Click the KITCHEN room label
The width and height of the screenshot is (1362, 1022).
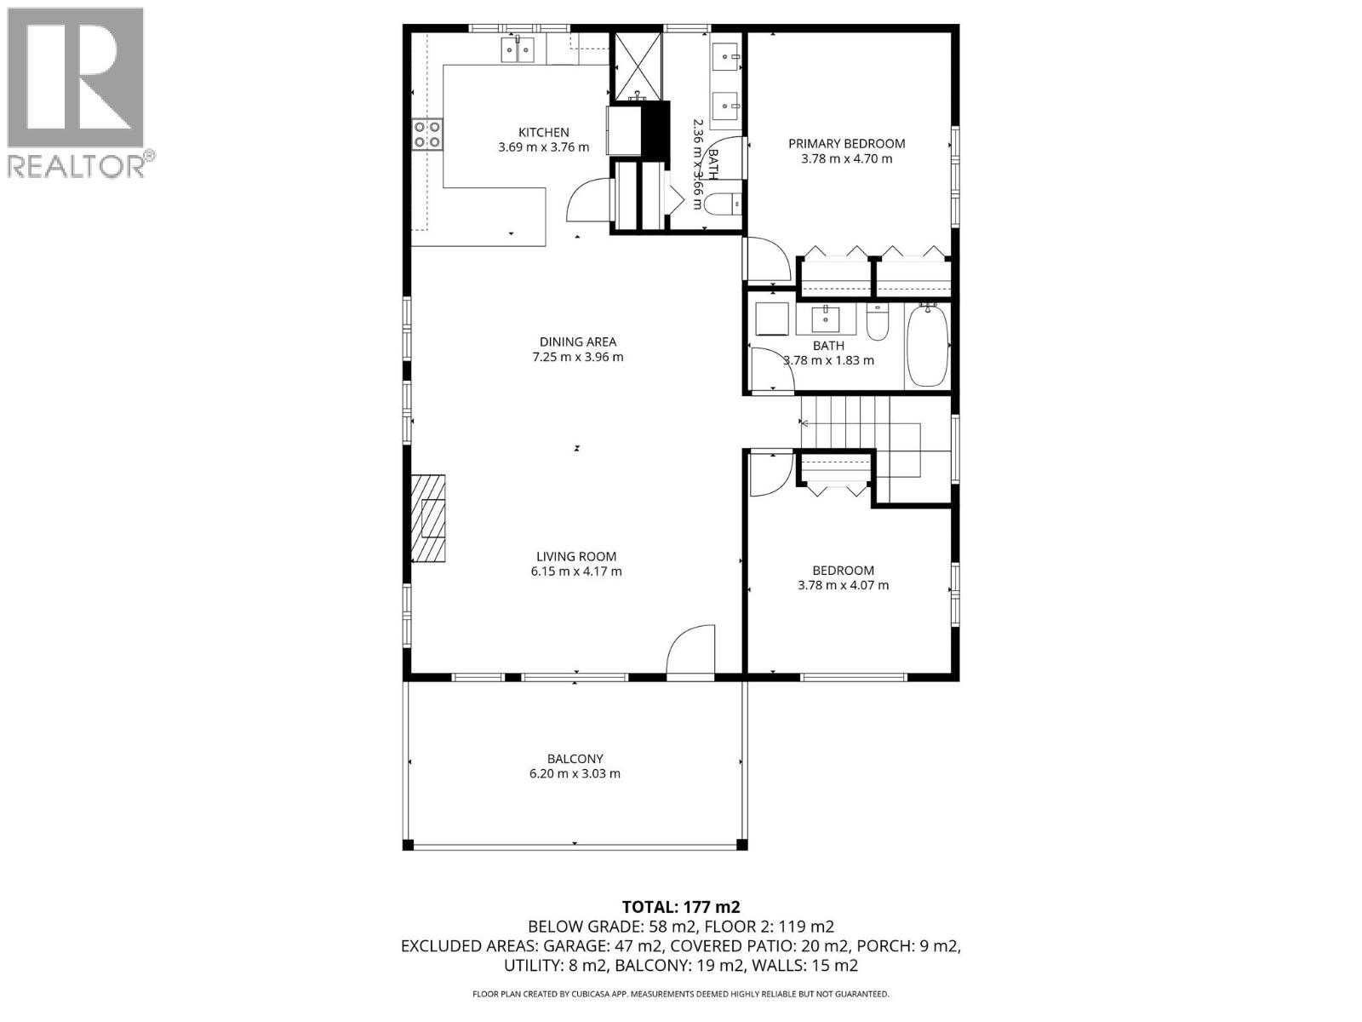coord(544,132)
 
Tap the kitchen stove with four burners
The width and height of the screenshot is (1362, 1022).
coord(427,135)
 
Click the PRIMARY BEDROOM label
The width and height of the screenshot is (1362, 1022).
coord(846,144)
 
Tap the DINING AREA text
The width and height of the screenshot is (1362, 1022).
coord(577,342)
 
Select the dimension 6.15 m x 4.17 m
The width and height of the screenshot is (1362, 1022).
coord(576,571)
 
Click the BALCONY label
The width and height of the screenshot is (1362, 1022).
coord(575,759)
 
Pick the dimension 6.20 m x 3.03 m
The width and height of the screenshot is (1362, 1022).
coord(575,774)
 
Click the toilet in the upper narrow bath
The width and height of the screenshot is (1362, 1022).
coord(722,204)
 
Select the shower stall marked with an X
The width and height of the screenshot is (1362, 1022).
coord(638,65)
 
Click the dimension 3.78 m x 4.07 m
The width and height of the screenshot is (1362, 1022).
coord(843,585)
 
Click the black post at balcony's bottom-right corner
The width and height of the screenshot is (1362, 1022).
coord(741,844)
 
